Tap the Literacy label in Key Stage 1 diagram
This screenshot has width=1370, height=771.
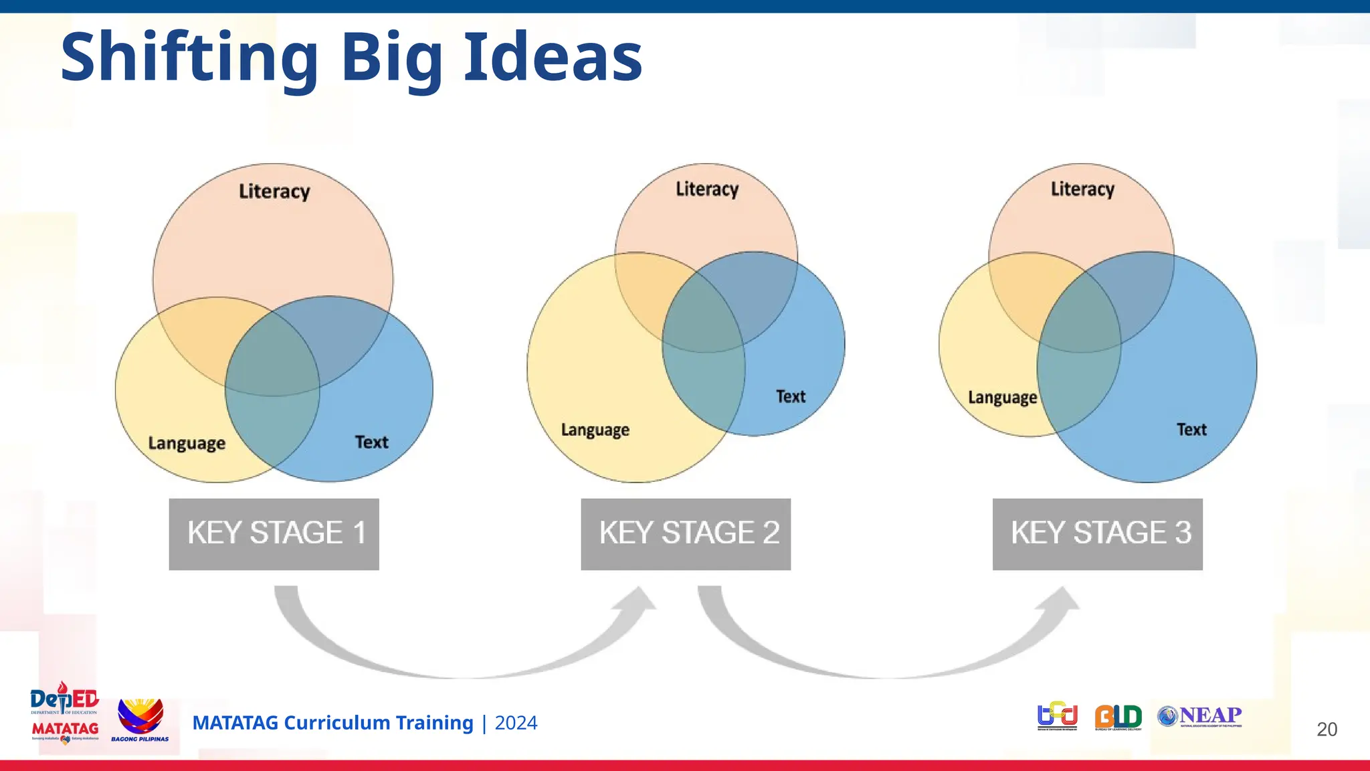(x=274, y=191)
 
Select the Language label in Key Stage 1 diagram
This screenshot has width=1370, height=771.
(x=187, y=443)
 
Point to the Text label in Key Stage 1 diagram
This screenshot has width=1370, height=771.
(x=371, y=442)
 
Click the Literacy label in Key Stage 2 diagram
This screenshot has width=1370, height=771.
(x=707, y=189)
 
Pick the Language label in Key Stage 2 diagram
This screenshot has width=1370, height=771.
(x=595, y=430)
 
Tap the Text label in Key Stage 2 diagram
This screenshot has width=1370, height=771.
(x=790, y=396)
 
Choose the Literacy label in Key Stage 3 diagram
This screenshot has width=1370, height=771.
(x=1082, y=189)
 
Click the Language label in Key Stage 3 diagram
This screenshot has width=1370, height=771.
(x=1002, y=398)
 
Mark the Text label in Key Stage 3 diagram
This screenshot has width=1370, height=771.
(x=1191, y=429)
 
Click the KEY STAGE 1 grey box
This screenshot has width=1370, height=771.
(x=274, y=534)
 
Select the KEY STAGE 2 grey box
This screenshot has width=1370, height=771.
(x=686, y=534)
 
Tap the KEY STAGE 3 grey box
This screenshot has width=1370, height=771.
(x=1097, y=534)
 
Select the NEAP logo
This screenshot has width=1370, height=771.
(x=1200, y=717)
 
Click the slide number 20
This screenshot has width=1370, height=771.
(x=1327, y=729)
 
